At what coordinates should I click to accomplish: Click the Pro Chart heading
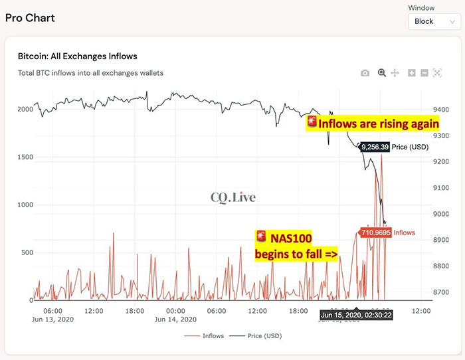tap(30, 17)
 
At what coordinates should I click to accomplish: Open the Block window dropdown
tap(432, 21)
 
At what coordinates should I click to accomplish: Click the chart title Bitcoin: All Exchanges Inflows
tap(77, 56)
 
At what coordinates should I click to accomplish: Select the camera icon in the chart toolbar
tap(365, 73)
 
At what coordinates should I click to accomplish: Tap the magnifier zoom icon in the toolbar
tap(382, 73)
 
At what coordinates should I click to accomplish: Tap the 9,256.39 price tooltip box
tap(374, 147)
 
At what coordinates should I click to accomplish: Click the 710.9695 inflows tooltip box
tap(375, 233)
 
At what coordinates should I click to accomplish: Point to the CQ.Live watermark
tap(232, 197)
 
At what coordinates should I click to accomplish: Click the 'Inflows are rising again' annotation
tap(373, 124)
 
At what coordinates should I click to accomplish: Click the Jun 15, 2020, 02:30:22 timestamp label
tap(356, 315)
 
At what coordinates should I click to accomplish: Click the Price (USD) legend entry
tap(258, 336)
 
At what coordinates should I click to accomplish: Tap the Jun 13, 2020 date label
tap(53, 319)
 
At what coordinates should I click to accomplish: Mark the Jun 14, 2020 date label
tap(176, 319)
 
